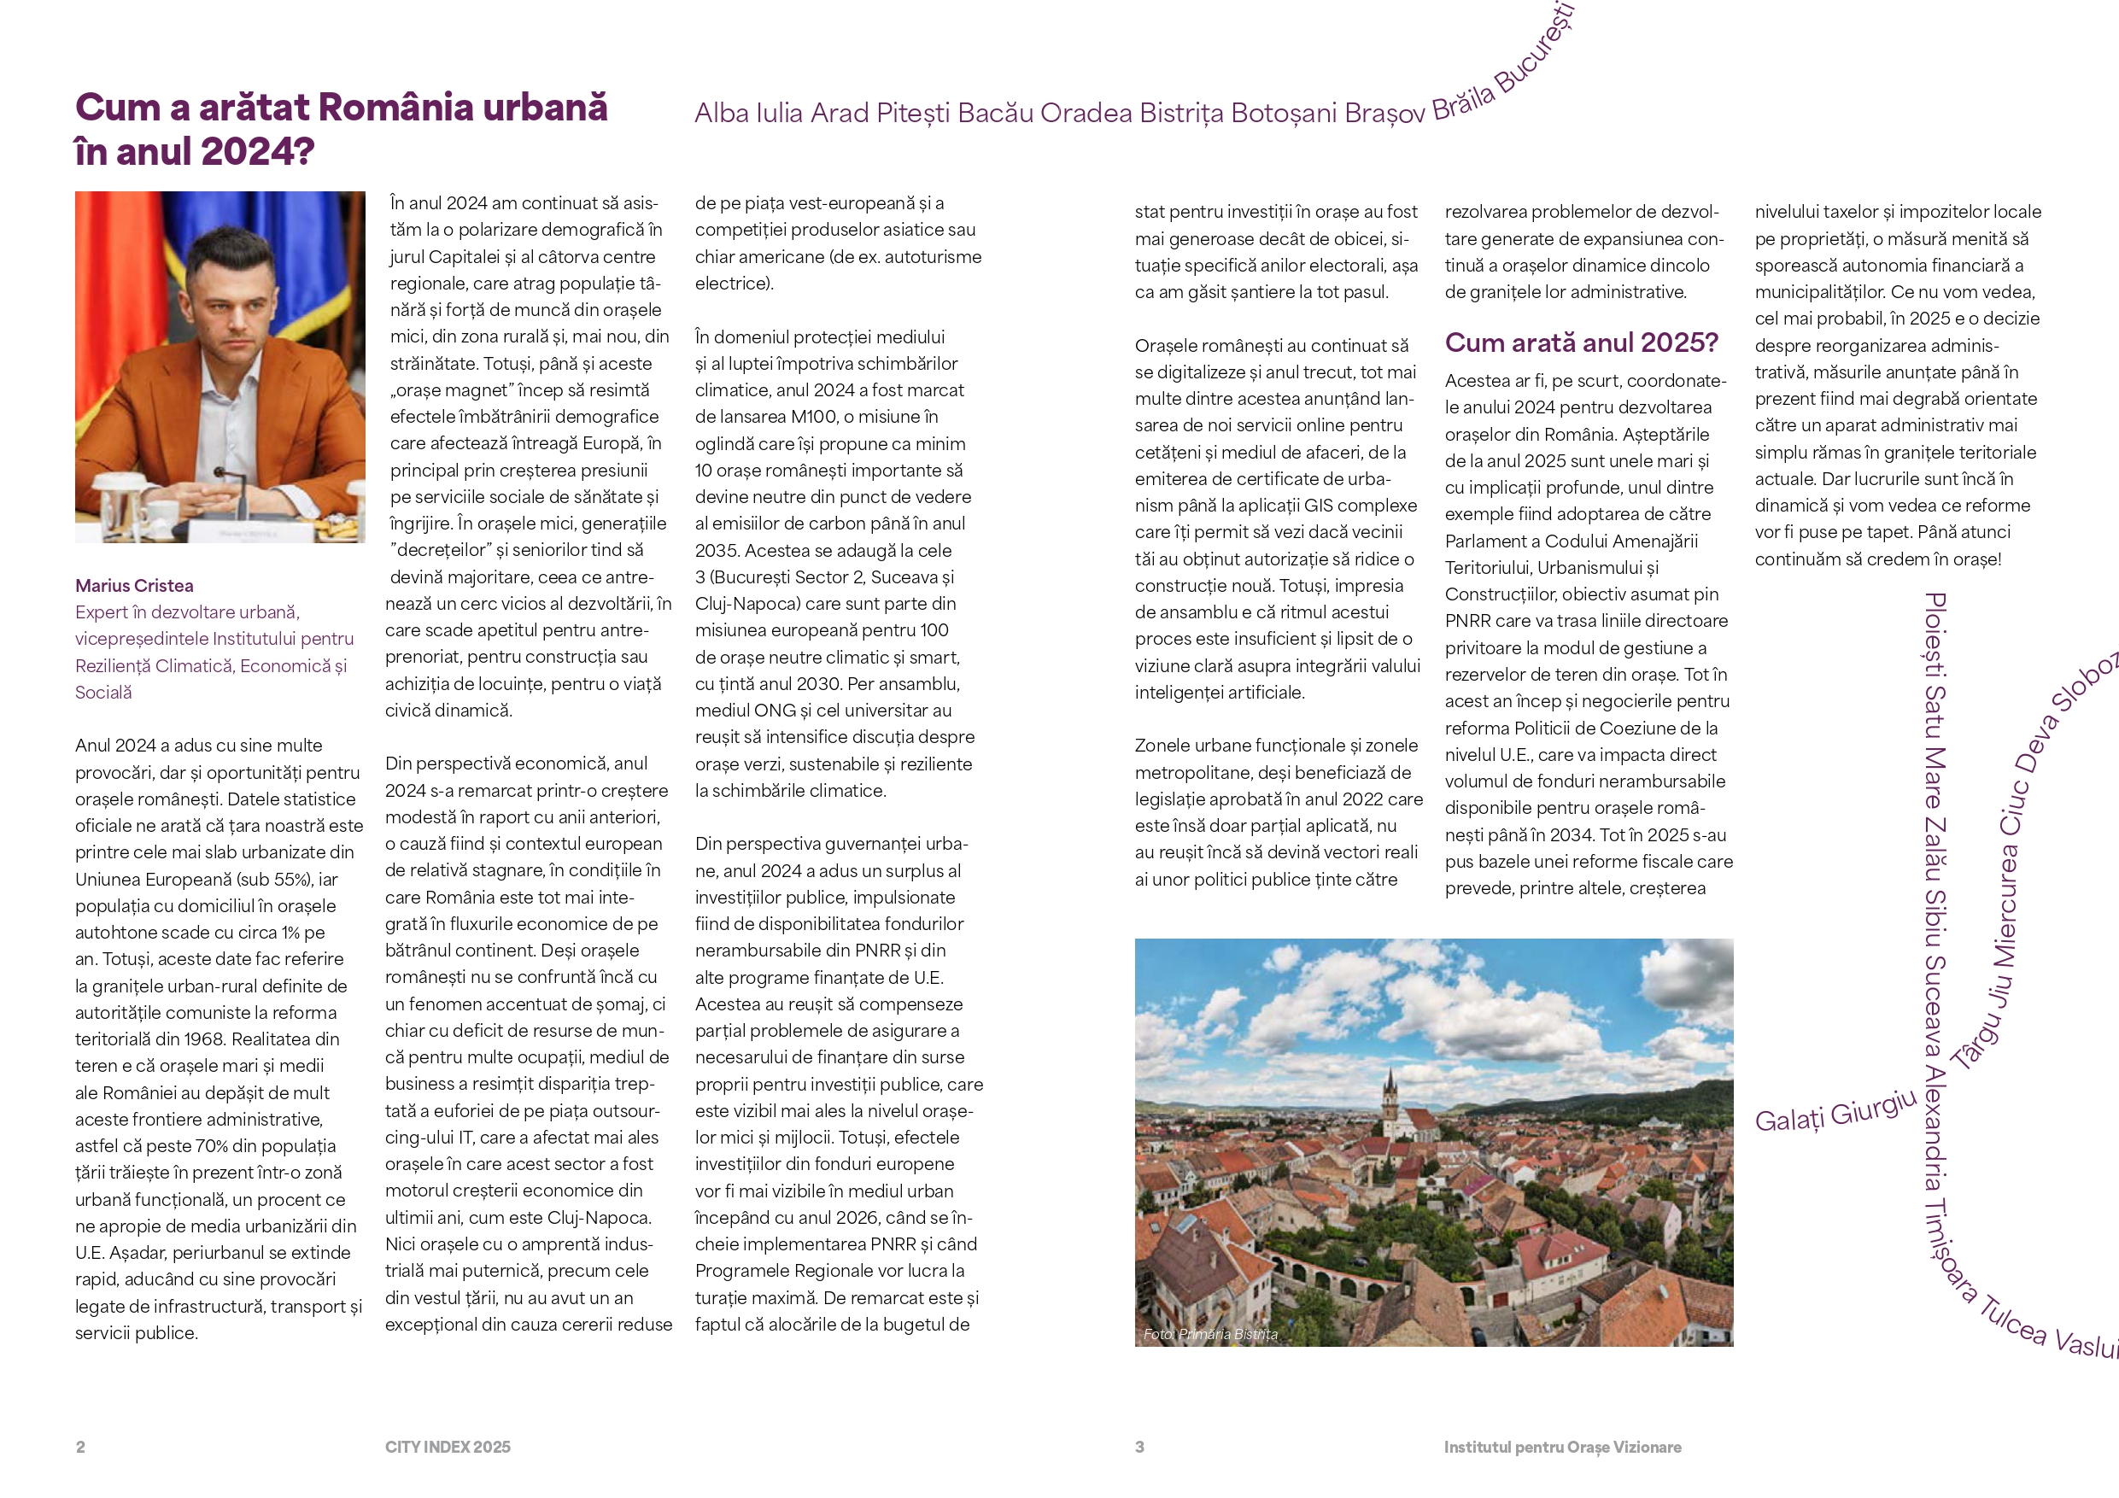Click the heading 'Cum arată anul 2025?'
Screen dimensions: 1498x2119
click(x=1581, y=342)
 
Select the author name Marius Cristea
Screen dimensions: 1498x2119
click(x=134, y=585)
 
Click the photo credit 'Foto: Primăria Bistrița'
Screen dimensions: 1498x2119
click(x=1210, y=1334)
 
